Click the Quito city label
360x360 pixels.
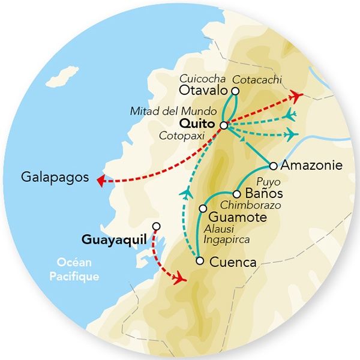[197, 124]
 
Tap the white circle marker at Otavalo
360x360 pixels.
[235, 91]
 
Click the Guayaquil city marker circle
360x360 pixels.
[157, 226]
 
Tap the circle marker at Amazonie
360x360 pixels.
[273, 166]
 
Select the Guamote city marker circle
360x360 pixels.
[203, 208]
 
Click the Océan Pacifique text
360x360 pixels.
[77, 269]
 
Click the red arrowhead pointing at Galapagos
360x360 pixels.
[101, 178]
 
